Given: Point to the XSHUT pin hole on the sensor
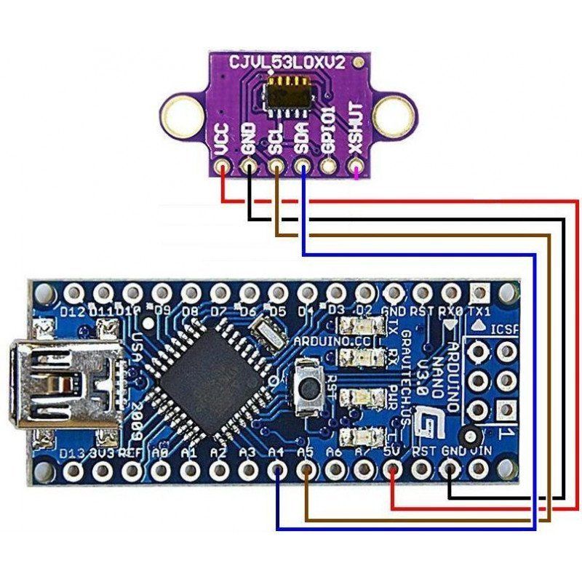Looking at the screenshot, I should click(356, 172).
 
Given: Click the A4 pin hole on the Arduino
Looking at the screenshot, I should click(278, 470).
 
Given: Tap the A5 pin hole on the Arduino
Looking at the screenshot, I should click(307, 470).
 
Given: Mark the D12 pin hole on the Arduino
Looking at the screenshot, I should click(73, 293).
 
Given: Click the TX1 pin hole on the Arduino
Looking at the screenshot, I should click(480, 293).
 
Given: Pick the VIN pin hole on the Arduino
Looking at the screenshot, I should click(480, 470).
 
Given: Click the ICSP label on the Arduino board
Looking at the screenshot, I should click(505, 330).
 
